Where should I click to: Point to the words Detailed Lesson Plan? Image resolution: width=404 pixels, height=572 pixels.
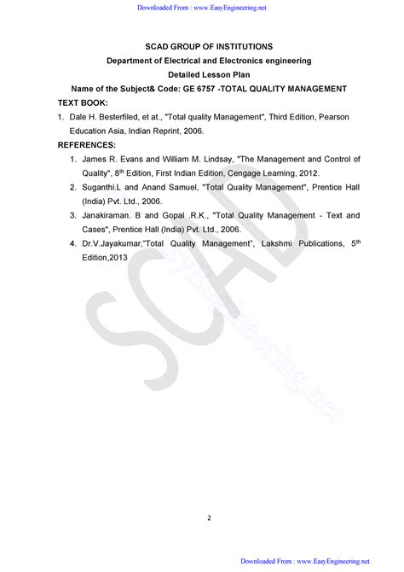tap(202, 74)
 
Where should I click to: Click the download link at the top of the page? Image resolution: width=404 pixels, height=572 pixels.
tap(202, 9)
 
